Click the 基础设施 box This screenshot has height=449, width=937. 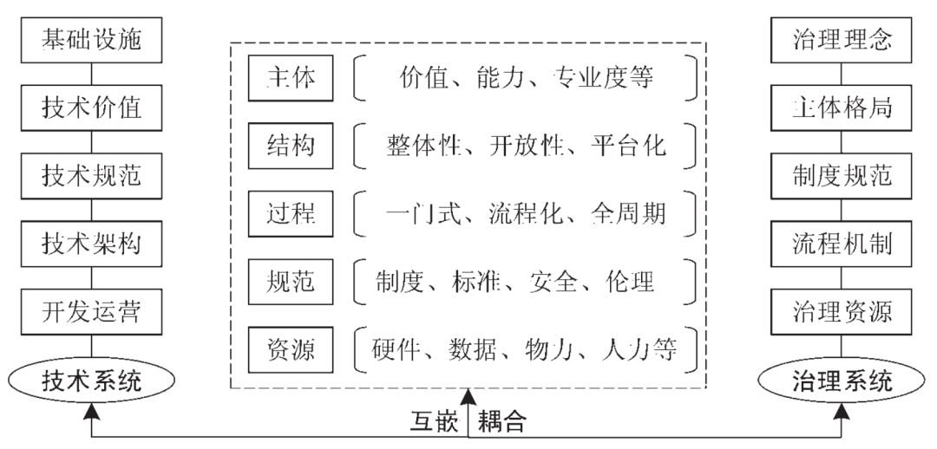[89, 40]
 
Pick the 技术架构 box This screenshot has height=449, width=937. [89, 244]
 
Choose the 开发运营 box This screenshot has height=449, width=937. [89, 311]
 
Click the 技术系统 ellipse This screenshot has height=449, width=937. [89, 380]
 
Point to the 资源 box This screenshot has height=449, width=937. [292, 349]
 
